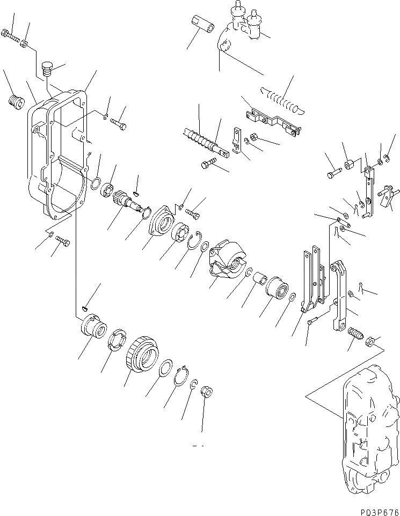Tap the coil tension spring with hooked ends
(282, 100)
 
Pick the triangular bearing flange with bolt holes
(160, 223)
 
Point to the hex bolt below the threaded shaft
(209, 164)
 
